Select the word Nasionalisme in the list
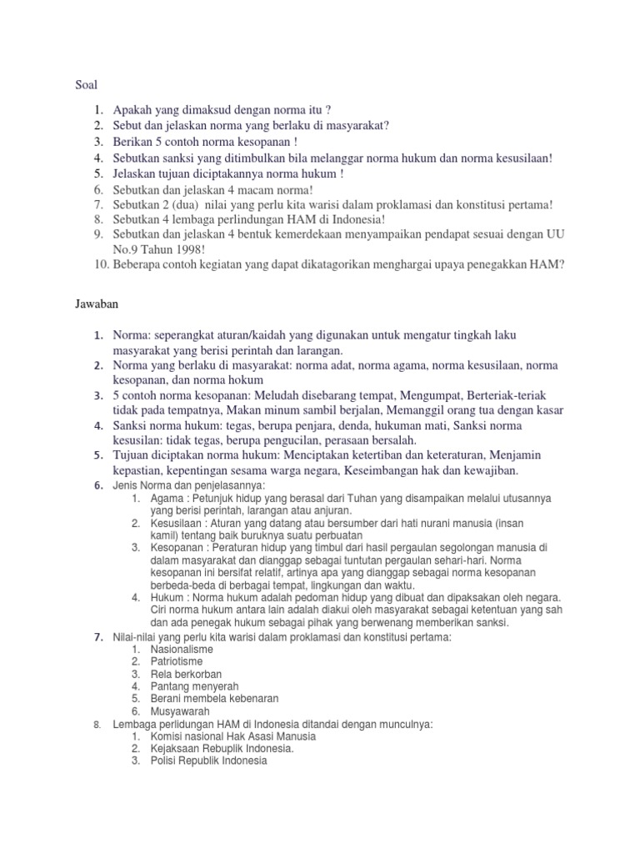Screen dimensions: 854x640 182,649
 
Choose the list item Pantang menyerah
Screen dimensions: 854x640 191,686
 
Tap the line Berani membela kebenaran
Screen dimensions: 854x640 214,699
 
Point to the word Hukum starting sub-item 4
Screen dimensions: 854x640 167,598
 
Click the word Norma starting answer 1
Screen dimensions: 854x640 132,335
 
